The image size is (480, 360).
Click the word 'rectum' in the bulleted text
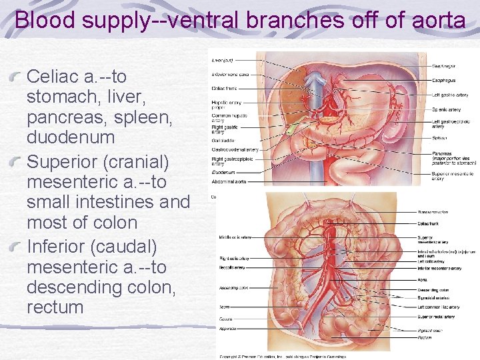click(x=55, y=307)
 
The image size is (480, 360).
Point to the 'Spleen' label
click(x=438, y=137)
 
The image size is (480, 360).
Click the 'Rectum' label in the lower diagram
click(x=424, y=337)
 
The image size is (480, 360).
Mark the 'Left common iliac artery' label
click(x=437, y=307)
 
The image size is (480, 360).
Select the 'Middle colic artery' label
click(x=235, y=237)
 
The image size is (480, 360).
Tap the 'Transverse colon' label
click(x=433, y=212)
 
